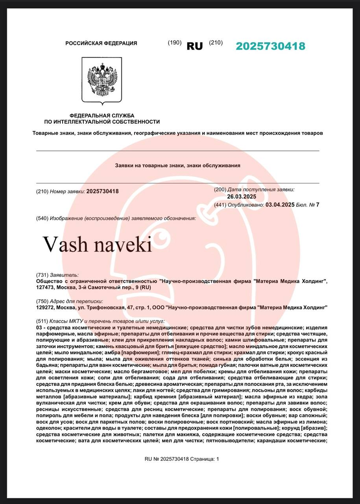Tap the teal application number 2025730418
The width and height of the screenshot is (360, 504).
270,46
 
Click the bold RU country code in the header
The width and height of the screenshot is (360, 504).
194,46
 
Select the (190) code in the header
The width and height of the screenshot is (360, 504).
174,43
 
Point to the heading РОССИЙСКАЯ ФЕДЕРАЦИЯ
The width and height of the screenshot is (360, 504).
101,43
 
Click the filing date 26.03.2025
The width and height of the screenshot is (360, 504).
242,197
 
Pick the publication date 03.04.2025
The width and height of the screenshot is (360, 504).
280,205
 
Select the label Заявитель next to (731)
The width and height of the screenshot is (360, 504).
64,275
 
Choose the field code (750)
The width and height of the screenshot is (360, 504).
42,301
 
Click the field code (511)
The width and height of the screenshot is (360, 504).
42,321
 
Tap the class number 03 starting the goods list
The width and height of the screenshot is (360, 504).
39,328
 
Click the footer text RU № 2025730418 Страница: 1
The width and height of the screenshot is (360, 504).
181,459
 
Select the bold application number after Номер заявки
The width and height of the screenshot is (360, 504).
102,191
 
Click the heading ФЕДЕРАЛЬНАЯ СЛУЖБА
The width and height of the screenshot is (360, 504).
102,115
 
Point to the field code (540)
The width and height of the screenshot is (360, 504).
42,218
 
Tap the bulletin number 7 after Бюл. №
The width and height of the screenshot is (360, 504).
318,205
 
